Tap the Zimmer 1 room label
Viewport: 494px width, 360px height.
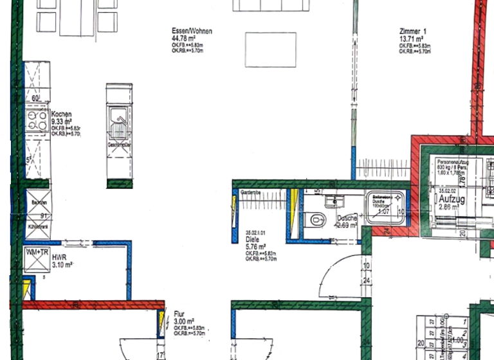412,31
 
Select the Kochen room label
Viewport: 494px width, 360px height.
62,114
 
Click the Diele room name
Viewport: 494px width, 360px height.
252,239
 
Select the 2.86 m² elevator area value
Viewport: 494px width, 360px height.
449,207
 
